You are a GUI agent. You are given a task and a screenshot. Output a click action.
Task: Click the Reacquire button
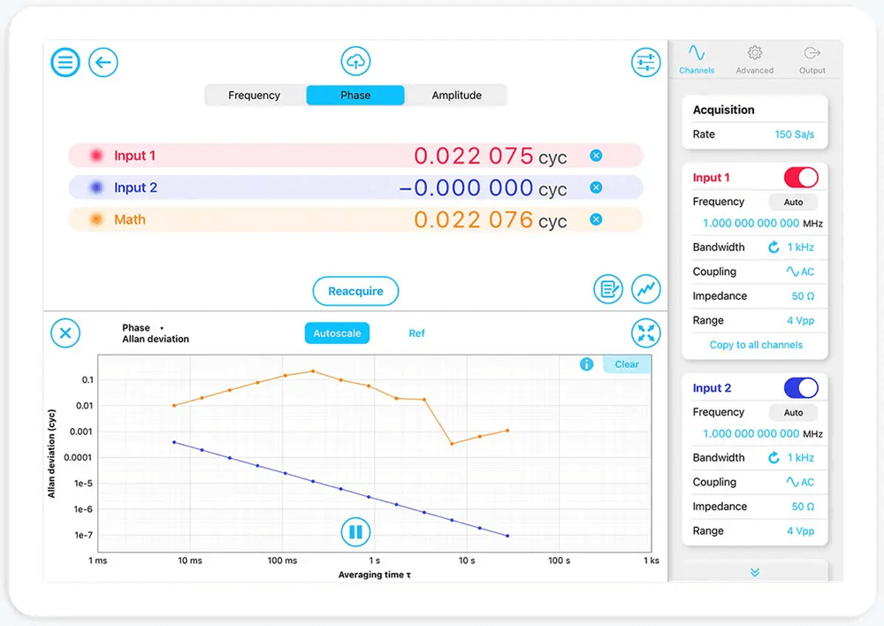tap(355, 291)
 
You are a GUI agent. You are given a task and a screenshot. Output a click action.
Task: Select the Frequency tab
tap(255, 95)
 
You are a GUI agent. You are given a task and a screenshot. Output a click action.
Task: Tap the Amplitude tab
tap(456, 95)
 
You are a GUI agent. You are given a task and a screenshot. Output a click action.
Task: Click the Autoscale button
tap(337, 333)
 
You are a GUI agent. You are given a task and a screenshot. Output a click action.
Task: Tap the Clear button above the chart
tap(627, 364)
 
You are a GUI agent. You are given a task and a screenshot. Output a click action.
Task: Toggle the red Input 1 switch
tap(801, 178)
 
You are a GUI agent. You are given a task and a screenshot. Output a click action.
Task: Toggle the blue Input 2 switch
tap(801, 388)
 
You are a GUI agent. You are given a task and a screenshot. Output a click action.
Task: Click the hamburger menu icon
tap(65, 62)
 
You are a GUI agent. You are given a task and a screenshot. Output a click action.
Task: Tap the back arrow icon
tap(103, 62)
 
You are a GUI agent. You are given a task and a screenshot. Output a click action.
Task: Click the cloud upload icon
tap(355, 61)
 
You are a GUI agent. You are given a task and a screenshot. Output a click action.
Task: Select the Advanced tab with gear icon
tap(754, 59)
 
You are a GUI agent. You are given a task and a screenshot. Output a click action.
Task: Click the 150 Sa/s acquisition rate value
tap(794, 134)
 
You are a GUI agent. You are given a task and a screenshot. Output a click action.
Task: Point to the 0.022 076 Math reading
tap(473, 219)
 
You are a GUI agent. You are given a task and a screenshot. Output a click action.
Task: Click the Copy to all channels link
tap(756, 345)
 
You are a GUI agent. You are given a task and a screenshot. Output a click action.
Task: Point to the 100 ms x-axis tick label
tap(281, 561)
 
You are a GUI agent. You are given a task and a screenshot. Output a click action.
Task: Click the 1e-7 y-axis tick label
tap(84, 535)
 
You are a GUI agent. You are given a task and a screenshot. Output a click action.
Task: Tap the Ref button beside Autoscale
tap(416, 333)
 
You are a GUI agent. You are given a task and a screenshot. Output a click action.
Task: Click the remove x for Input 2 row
tap(596, 187)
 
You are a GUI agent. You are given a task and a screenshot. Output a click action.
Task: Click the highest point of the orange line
tap(313, 371)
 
